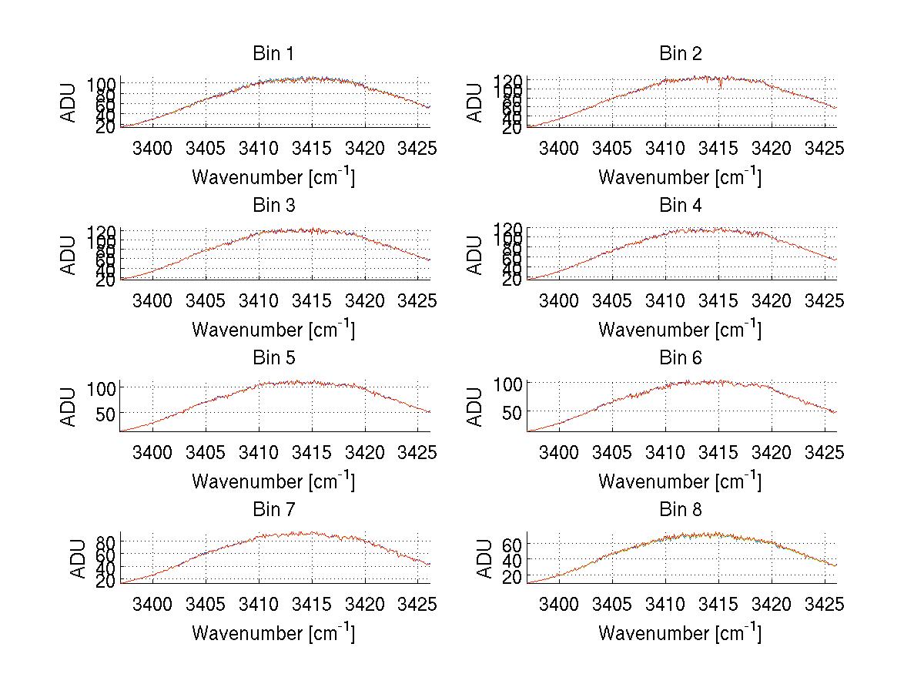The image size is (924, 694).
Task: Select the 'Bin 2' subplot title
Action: pyautogui.click(x=680, y=54)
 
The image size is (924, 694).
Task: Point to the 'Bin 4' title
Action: pyautogui.click(x=680, y=206)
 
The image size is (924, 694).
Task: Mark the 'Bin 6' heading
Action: pyautogui.click(x=680, y=358)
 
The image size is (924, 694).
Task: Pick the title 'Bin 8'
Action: pyautogui.click(x=680, y=510)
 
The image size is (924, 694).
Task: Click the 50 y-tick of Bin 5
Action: pyautogui.click(x=105, y=413)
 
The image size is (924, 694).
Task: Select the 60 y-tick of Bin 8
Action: pyautogui.click(x=512, y=545)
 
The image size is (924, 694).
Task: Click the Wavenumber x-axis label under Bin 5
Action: pyautogui.click(x=273, y=481)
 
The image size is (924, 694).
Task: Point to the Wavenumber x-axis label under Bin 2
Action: pyautogui.click(x=680, y=177)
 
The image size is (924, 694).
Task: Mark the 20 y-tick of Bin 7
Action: pyautogui.click(x=105, y=581)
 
